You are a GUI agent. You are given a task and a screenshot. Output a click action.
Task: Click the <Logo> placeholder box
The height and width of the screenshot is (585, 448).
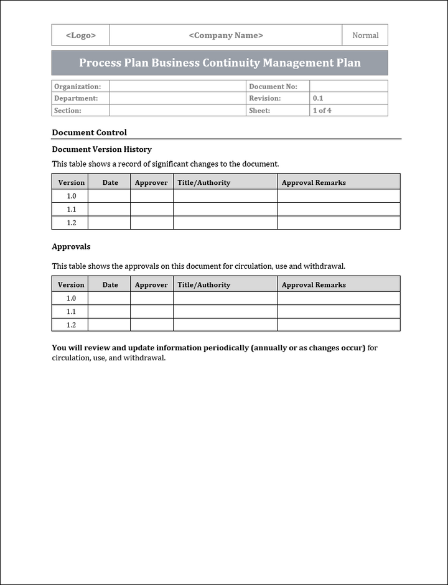pyautogui.click(x=81, y=35)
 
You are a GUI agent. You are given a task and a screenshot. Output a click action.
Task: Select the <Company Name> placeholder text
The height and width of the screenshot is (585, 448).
pyautogui.click(x=226, y=35)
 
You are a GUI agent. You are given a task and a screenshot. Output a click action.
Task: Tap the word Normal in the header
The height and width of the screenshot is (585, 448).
pyautogui.click(x=365, y=35)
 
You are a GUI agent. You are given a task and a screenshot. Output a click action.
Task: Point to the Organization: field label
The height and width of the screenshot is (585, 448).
pyautogui.click(x=77, y=87)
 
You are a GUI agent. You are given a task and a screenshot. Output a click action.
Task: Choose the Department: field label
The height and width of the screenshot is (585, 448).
pyautogui.click(x=76, y=98)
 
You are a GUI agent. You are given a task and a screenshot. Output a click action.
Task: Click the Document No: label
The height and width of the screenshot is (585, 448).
pyautogui.click(x=273, y=87)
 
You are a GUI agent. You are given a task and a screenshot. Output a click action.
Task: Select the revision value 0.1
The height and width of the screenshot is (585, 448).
pyautogui.click(x=318, y=98)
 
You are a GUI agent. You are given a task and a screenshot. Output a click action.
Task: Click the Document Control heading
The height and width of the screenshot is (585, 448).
pyautogui.click(x=89, y=133)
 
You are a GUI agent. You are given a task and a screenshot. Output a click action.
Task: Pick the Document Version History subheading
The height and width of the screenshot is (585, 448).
pyautogui.click(x=101, y=149)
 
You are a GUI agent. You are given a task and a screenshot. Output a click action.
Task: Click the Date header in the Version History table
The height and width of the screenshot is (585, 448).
pyautogui.click(x=110, y=182)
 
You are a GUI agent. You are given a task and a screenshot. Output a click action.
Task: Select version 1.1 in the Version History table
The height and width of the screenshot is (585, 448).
pyautogui.click(x=72, y=210)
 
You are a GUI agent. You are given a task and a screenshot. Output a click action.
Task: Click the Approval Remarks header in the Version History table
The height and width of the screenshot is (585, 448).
pyautogui.click(x=314, y=182)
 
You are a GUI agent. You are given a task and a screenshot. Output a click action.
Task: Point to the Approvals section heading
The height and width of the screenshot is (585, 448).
pyautogui.click(x=71, y=246)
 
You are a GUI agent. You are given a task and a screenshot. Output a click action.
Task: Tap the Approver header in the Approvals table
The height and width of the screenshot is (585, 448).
pyautogui.click(x=151, y=285)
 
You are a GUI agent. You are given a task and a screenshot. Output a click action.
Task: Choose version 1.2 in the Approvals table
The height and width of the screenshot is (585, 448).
pyautogui.click(x=72, y=325)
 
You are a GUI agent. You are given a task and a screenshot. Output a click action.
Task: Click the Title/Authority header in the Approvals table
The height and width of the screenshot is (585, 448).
pyautogui.click(x=203, y=285)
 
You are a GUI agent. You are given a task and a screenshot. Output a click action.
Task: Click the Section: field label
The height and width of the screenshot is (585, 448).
pyautogui.click(x=68, y=110)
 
